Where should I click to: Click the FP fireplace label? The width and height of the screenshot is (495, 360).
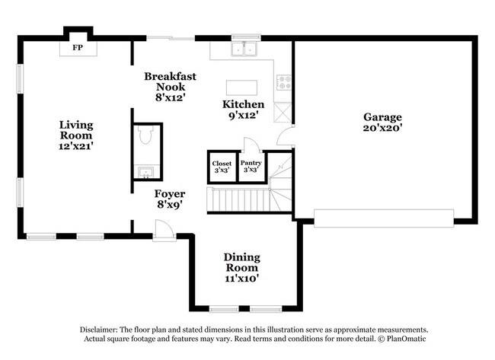(x=78, y=48)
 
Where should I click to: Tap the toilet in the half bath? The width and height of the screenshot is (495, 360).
(x=145, y=135)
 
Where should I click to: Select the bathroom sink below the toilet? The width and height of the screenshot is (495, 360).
(x=145, y=172)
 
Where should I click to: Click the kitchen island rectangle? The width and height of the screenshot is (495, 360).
(x=241, y=88)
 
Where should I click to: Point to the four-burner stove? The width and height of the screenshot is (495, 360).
(x=284, y=82)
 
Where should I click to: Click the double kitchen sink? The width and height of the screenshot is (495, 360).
(x=244, y=49)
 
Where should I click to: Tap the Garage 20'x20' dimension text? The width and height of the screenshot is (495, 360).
(x=382, y=128)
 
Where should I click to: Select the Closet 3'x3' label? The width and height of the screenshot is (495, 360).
(x=222, y=167)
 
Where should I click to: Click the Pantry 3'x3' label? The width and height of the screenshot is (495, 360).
(x=251, y=166)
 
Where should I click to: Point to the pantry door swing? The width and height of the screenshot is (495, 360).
(x=252, y=145)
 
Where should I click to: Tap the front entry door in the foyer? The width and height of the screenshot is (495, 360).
(x=164, y=229)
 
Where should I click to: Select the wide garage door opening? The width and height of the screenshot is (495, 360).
(x=384, y=218)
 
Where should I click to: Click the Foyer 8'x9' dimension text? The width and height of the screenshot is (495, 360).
(x=170, y=205)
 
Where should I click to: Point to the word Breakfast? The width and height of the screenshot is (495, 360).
(x=170, y=76)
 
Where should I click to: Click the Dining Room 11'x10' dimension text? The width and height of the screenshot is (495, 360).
(x=242, y=279)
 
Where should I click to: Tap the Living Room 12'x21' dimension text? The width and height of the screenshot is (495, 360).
(x=76, y=146)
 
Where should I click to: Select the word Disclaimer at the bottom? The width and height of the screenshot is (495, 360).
(x=99, y=330)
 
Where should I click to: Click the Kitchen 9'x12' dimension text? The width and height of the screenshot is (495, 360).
(x=244, y=115)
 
